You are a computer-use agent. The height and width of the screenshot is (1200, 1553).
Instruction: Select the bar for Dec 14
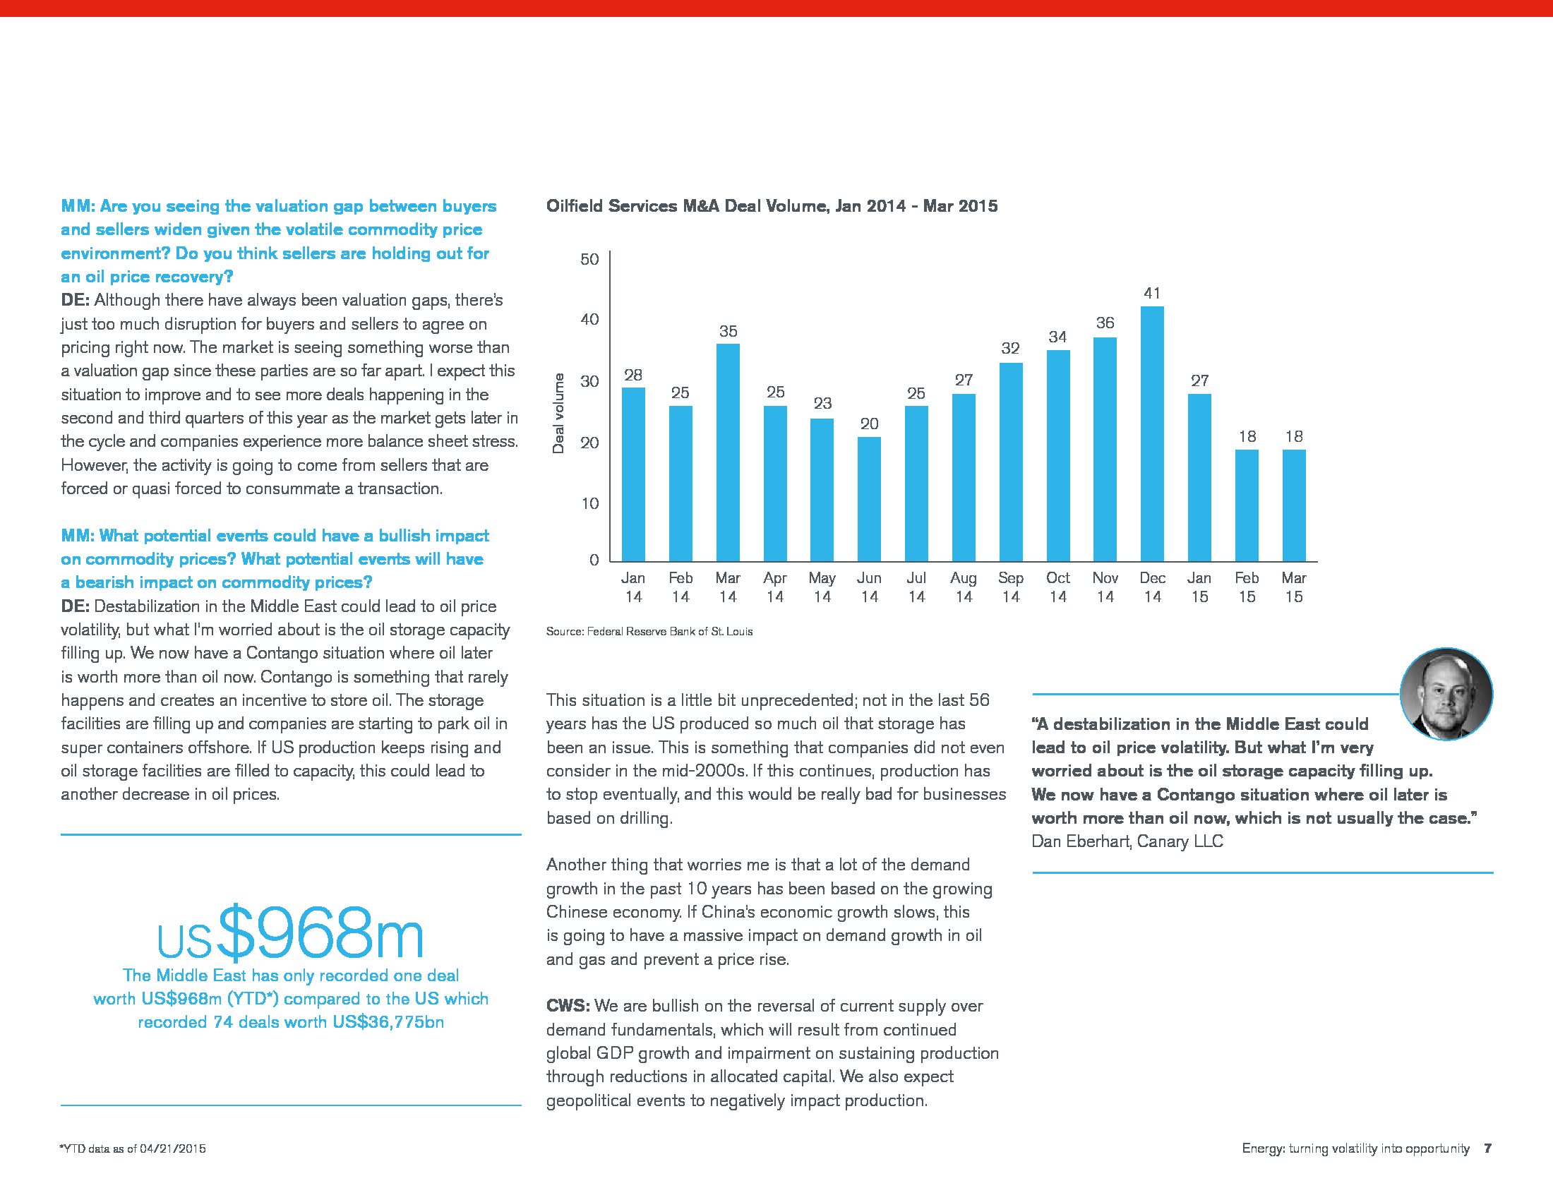(x=1152, y=433)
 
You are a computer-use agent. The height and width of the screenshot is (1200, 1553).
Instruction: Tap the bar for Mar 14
(x=727, y=452)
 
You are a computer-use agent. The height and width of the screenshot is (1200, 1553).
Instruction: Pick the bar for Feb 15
(x=1247, y=505)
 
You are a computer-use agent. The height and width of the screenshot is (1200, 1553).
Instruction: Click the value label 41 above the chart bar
(x=1152, y=293)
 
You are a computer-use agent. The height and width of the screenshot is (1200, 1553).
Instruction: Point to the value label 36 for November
(x=1105, y=323)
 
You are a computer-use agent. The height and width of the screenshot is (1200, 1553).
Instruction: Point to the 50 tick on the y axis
(x=589, y=259)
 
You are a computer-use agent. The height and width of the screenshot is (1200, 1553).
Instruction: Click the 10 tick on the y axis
(x=589, y=503)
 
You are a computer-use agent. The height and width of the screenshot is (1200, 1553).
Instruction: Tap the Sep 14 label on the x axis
(x=1010, y=587)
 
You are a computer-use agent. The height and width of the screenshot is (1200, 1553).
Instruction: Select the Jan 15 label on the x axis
(x=1199, y=587)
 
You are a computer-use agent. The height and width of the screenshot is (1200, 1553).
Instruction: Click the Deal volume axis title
(x=558, y=413)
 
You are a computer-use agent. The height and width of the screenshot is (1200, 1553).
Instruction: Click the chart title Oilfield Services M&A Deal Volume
(x=772, y=206)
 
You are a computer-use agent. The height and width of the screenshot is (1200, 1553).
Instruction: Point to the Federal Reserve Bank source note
(x=649, y=631)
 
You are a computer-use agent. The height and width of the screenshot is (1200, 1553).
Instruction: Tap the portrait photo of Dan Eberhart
(x=1446, y=694)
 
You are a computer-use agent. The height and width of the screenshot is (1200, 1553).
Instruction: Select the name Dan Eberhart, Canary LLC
(x=1127, y=841)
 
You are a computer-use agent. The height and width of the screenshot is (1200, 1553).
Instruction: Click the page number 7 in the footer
(x=1487, y=1148)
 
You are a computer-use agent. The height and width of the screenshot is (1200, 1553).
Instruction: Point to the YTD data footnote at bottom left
(x=133, y=1148)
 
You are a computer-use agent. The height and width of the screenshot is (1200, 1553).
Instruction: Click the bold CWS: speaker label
(x=568, y=1006)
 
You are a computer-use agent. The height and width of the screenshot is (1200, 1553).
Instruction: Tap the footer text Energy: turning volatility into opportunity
(x=1355, y=1148)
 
